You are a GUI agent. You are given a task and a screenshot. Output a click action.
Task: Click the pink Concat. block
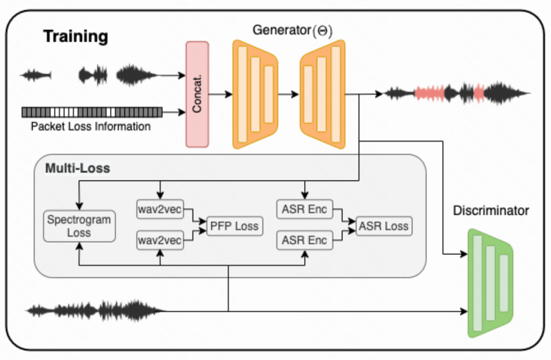tap(197, 95)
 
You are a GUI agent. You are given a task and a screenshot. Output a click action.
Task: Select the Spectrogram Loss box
tap(79, 226)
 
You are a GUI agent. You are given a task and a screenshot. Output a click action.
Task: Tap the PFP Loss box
tap(235, 226)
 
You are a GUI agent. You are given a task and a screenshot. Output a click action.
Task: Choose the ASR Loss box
tap(383, 226)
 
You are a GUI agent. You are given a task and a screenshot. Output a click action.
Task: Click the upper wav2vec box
tap(160, 209)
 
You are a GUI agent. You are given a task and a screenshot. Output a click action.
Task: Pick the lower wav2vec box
tap(160, 241)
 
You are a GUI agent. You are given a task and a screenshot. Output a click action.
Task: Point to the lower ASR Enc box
tap(305, 241)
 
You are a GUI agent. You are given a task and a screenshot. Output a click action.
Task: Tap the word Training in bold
tap(76, 37)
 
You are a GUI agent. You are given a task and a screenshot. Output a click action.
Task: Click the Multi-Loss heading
tap(78, 168)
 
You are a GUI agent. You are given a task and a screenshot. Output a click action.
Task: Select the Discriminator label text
tap(491, 211)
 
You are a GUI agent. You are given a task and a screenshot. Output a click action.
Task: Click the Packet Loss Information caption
tap(91, 126)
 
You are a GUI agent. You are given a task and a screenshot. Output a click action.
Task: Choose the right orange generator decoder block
tap(322, 95)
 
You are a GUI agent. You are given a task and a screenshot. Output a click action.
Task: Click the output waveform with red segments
tap(457, 93)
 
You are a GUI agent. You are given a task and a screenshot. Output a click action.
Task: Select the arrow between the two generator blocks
tap(288, 94)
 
